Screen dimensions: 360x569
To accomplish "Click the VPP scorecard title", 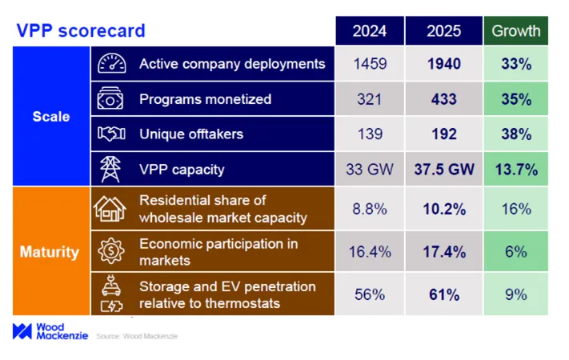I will pos(82,30).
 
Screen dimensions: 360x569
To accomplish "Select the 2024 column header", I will pos(369,30).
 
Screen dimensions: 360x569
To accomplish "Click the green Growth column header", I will pos(516,30).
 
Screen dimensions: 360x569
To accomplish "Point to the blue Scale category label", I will pos(50,116).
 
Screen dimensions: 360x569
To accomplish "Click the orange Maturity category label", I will pos(50,252).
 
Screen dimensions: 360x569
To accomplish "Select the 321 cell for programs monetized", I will pos(369,99).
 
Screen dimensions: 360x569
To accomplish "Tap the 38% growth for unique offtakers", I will pos(516,134).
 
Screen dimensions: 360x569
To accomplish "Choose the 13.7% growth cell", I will pos(516,170).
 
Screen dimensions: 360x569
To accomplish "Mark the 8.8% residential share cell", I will pos(369,209).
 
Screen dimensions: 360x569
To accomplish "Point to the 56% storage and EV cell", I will pos(369,294).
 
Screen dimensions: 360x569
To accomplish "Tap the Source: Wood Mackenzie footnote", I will pos(138,336).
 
